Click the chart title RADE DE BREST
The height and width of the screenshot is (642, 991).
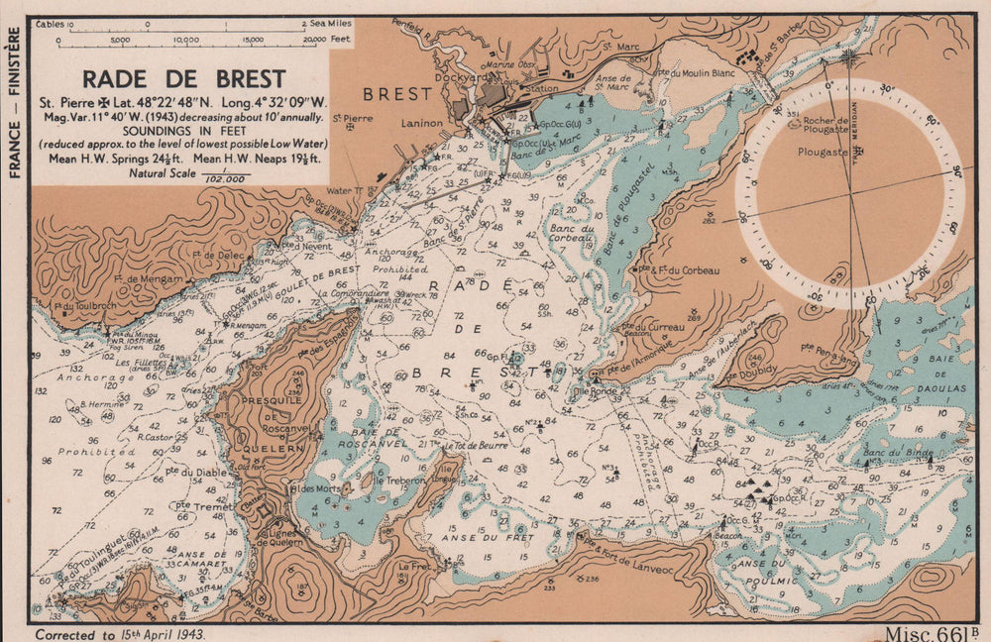point(183,78)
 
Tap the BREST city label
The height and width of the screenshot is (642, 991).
point(397,94)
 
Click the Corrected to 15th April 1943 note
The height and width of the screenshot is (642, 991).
point(118,632)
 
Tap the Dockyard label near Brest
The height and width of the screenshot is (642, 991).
point(462,76)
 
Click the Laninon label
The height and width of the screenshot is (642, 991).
point(420,125)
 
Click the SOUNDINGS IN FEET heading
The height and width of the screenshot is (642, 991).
point(184,130)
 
